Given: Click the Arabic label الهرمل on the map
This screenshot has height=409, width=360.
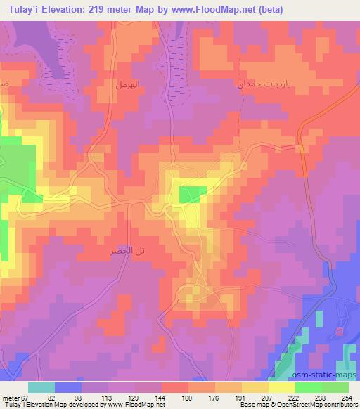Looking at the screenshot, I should tap(129, 84).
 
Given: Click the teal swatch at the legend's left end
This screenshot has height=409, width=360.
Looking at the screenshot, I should tap(41, 387).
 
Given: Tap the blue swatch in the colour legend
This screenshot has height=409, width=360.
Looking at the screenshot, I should tap(67, 387).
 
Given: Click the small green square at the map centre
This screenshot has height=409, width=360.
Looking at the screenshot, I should tap(193, 194).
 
